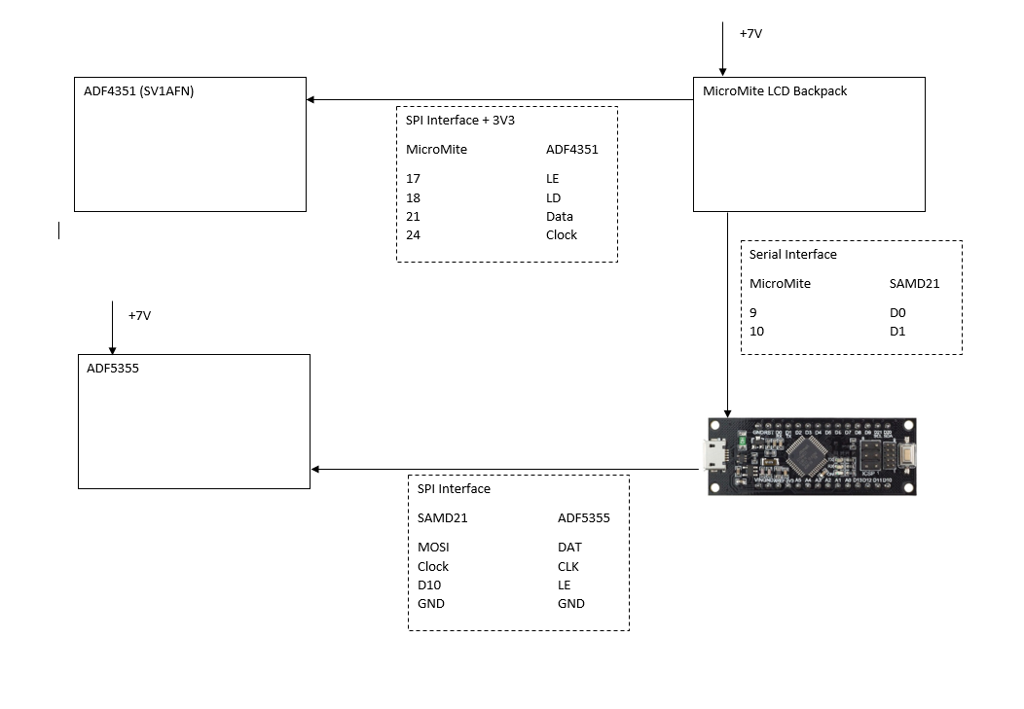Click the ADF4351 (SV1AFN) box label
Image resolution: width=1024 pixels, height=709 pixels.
[x=139, y=91]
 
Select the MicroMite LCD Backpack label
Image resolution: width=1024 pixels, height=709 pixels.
[x=775, y=91]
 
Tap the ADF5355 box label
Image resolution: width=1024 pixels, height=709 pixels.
[x=113, y=369]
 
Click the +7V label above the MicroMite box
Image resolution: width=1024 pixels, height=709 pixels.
[x=750, y=33]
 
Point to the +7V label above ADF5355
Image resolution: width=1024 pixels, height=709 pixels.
[x=139, y=316]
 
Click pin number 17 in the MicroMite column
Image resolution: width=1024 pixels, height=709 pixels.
[x=414, y=179]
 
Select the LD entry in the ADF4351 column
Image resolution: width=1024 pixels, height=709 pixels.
[x=553, y=197]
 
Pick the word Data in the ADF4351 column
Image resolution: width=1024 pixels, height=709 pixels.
[x=560, y=217]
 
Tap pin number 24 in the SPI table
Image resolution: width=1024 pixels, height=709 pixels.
[x=414, y=235]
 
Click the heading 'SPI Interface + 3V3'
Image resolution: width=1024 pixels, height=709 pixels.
[x=460, y=121]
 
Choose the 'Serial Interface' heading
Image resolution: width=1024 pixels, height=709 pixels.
[x=792, y=255]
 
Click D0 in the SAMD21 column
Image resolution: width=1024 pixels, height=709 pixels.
[x=897, y=313]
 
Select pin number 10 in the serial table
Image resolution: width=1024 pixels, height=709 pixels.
[x=756, y=332]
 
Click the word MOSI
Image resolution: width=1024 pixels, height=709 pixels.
[x=433, y=548]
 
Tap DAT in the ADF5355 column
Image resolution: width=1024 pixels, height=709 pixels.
[x=569, y=548]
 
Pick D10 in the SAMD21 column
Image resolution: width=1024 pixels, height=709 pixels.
[x=429, y=585]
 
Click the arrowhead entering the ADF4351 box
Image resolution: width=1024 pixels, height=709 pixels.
[x=311, y=99]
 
